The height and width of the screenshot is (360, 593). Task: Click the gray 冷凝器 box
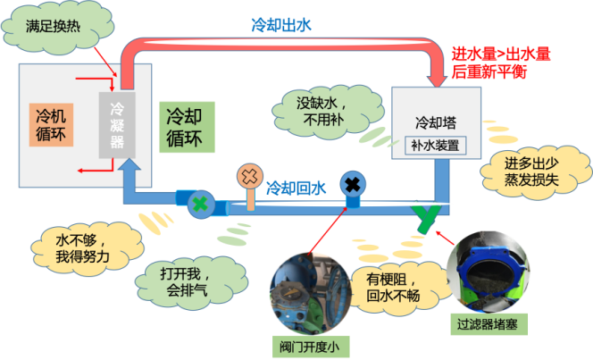click(x=118, y=125)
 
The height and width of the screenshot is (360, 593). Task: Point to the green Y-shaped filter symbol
click(x=429, y=215)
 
